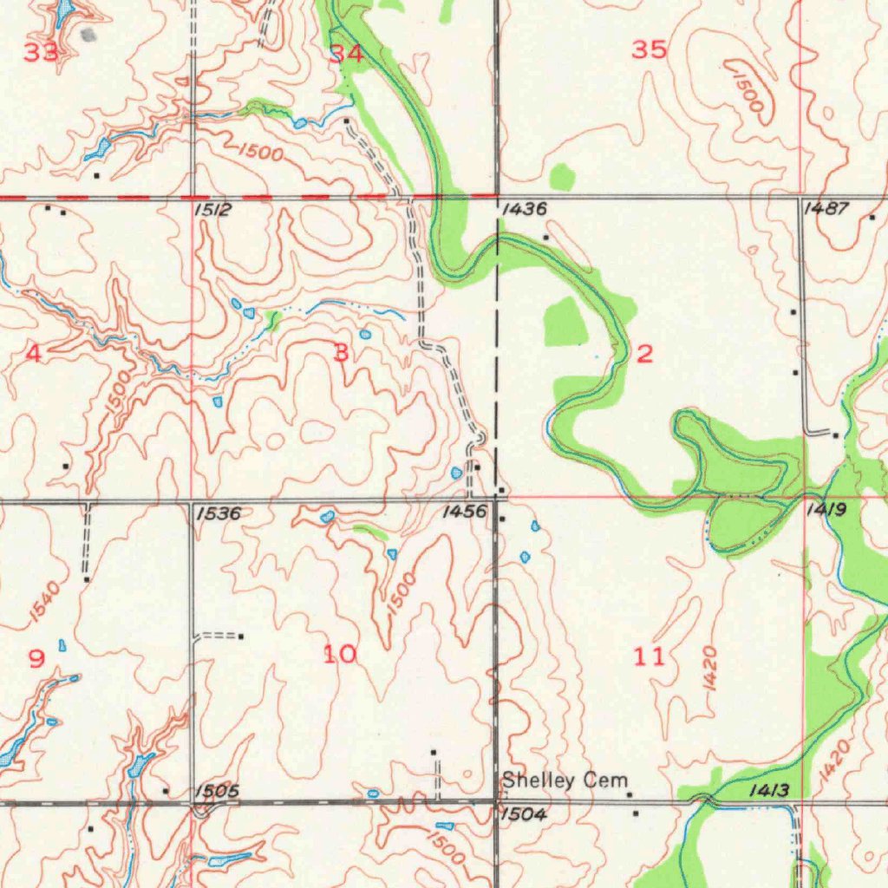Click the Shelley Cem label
[565, 781]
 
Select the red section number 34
[347, 54]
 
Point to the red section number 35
[649, 50]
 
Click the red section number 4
[34, 353]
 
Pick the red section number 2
[644, 353]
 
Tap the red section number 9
[36, 659]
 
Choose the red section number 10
[340, 654]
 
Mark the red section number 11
[649, 656]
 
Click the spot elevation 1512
[212, 210]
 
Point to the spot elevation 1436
[524, 209]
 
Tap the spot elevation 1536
[218, 513]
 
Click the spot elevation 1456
[464, 513]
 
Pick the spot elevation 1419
[825, 511]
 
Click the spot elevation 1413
[768, 790]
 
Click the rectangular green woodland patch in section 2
[565, 321]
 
